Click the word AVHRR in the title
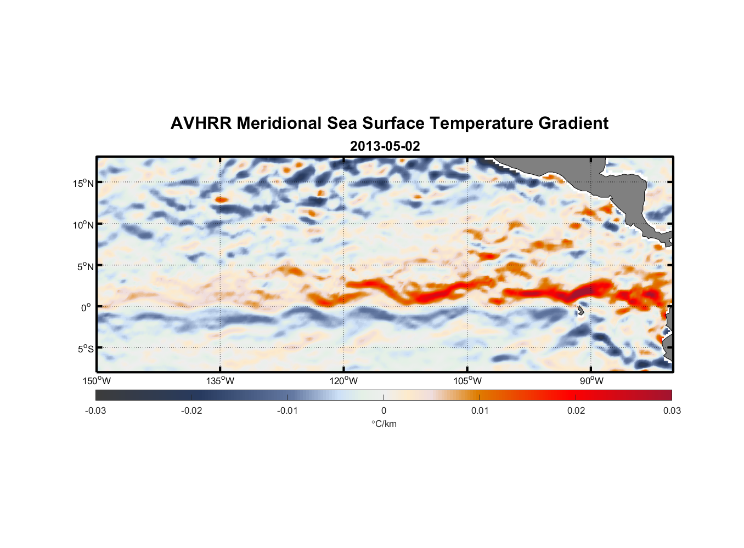(x=201, y=123)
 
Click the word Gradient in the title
(x=573, y=123)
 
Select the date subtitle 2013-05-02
(x=385, y=146)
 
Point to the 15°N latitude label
(x=83, y=183)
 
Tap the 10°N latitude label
(x=83, y=225)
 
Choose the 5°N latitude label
(x=86, y=266)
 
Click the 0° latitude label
(x=86, y=308)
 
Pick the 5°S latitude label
(x=86, y=349)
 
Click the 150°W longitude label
(x=97, y=381)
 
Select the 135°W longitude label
(x=220, y=381)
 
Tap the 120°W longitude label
(x=343, y=381)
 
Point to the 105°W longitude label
(x=467, y=381)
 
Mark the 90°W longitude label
(x=591, y=381)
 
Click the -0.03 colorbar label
(x=95, y=410)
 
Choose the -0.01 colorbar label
(x=288, y=410)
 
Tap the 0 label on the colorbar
(x=384, y=410)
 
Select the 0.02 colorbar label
(x=576, y=410)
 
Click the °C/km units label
(x=384, y=424)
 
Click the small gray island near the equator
(x=580, y=311)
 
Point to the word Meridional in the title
(x=279, y=123)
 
